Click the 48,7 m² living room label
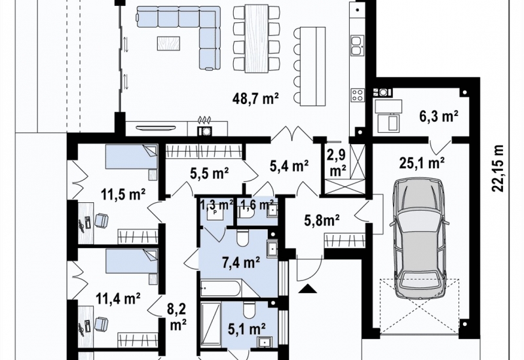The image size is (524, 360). coord(255,99)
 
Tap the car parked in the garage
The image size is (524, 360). coord(420,238)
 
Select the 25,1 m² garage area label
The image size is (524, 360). coord(422,162)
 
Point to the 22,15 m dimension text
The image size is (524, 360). coord(497,168)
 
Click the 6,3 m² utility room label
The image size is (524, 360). coord(438,117)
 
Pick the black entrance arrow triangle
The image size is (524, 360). coord(307,289)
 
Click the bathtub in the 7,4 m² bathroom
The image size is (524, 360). coord(220,288)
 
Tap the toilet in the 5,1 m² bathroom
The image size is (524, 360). coord(249,310)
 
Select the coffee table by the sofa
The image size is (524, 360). coord(169,43)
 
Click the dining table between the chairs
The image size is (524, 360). coord(257,38)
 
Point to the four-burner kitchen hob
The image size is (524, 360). coord(357,94)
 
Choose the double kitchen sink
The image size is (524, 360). coord(357,45)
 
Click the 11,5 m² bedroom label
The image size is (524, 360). coord(123,194)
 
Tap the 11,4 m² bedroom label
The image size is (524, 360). coord(118,298)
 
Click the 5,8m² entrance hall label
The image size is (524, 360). coord(322,220)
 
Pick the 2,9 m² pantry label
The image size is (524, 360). coord(337,163)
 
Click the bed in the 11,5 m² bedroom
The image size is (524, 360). coord(132,157)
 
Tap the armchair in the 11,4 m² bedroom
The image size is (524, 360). coord(102,324)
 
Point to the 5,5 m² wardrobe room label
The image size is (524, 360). coord(210,173)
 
